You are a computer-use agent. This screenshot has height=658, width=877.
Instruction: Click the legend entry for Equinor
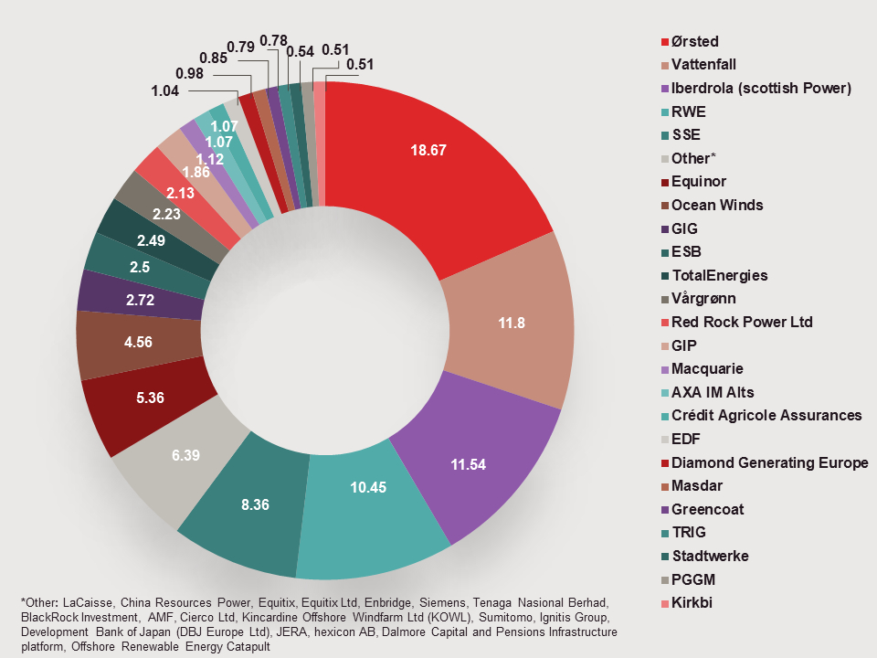pos(699,182)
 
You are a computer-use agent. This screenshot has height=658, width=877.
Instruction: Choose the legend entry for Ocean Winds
pos(717,205)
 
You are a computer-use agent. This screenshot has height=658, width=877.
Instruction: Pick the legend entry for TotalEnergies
pos(719,275)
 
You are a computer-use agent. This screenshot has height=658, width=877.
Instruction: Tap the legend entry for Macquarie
pos(707,369)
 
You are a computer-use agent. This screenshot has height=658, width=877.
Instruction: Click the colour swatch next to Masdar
pos(664,486)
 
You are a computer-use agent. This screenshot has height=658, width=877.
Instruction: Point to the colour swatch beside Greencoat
pos(664,510)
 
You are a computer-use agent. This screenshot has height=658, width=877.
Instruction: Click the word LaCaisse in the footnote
pos(87,603)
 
